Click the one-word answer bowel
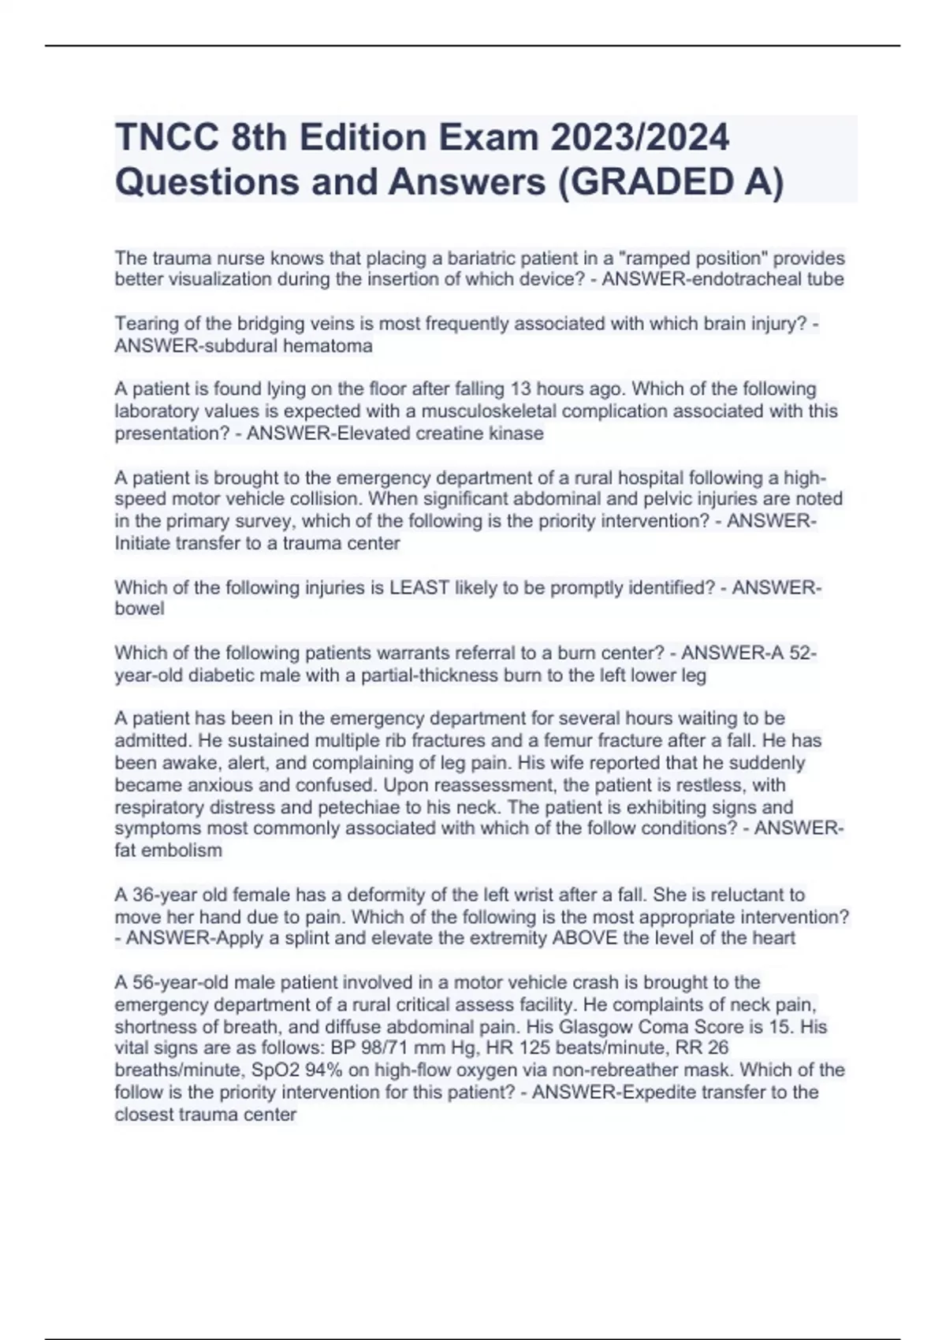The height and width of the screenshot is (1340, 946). (x=140, y=609)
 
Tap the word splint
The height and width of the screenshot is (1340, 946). (x=318, y=938)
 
